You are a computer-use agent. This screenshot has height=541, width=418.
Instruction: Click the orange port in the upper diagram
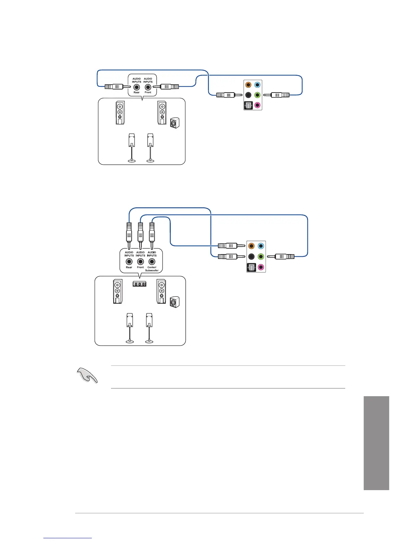[x=248, y=85]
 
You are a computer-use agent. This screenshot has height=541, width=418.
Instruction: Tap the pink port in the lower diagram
[x=261, y=267]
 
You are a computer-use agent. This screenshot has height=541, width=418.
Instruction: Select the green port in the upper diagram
[x=257, y=95]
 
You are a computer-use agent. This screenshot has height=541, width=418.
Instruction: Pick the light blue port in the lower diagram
[x=261, y=246]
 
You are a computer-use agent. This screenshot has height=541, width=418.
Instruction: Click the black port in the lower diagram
[x=251, y=256]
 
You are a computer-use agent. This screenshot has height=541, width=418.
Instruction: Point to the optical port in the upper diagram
[x=248, y=106]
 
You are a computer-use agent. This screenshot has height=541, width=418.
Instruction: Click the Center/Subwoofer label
[x=152, y=269]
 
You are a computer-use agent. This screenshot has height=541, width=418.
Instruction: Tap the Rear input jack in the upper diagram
[x=137, y=87]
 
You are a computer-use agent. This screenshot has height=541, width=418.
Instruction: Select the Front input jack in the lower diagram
[x=140, y=262]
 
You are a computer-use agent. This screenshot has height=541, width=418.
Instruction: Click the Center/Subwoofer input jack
[x=152, y=262]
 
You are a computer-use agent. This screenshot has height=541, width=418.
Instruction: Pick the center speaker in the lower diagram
[x=139, y=284]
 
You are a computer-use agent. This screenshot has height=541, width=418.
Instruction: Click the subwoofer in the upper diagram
[x=175, y=123]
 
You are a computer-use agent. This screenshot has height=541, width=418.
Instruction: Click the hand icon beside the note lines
[x=88, y=376]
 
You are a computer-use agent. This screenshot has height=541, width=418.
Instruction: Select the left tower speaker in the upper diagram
[x=120, y=113]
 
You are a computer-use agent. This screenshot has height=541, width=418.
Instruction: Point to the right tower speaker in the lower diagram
[x=162, y=291]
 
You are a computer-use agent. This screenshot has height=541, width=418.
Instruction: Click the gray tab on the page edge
[x=376, y=443]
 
